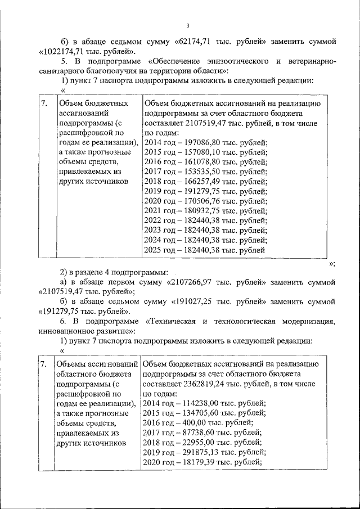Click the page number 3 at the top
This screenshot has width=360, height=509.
click(188, 25)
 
